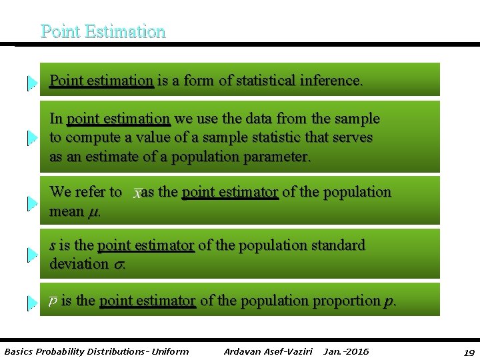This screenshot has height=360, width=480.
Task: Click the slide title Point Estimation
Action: [103, 31]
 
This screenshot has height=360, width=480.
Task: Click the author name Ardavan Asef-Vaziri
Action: [268, 351]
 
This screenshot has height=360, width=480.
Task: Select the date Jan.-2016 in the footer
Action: [346, 351]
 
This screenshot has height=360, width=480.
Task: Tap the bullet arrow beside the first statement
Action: [31, 83]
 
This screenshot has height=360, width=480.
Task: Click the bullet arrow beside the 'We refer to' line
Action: [31, 203]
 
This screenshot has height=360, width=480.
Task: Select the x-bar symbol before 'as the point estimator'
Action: [137, 193]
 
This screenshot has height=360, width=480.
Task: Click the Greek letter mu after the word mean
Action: [94, 212]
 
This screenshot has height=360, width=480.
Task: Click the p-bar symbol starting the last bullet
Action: [53, 301]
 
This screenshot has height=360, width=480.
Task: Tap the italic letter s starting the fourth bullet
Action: [53, 245]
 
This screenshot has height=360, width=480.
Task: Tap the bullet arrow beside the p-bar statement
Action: [31, 303]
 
